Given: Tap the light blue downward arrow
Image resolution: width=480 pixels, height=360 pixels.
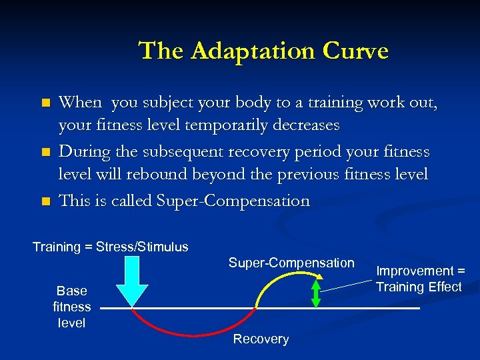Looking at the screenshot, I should [132, 279].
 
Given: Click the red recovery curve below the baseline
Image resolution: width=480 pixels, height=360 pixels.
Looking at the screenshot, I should [193, 333].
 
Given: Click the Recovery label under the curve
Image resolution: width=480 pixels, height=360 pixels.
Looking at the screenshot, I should [261, 339].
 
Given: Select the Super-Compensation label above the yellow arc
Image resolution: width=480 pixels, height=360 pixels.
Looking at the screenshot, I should [291, 263].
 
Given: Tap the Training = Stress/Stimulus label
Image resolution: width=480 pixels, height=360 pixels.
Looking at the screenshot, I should [111, 247].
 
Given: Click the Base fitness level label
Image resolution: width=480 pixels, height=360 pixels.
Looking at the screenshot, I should [72, 307].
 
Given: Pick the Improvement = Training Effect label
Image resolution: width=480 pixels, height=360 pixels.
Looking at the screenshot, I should [419, 279].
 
